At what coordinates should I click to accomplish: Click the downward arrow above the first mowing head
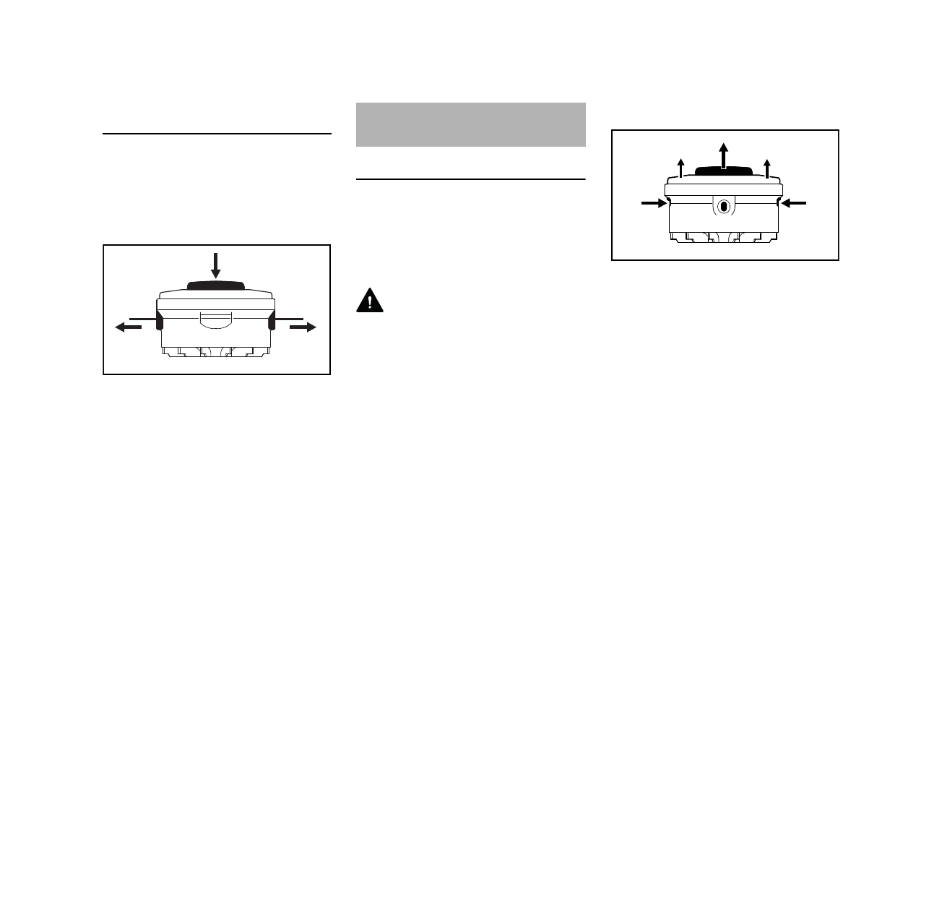(x=215, y=265)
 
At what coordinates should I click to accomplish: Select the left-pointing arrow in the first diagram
(x=128, y=327)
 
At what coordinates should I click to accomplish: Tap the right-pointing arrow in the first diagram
(x=303, y=327)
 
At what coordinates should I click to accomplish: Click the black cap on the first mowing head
(x=216, y=285)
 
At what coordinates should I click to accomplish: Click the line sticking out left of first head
(x=142, y=317)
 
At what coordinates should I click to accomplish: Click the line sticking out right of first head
(x=288, y=317)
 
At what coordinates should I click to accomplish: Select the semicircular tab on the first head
(x=215, y=320)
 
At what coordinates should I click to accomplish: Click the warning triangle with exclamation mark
(x=369, y=301)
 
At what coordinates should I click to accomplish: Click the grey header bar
(x=470, y=124)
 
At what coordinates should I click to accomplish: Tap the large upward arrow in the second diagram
(x=723, y=155)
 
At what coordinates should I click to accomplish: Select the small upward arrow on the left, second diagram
(x=680, y=168)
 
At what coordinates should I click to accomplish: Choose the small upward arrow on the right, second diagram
(x=767, y=168)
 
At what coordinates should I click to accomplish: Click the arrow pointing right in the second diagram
(x=654, y=205)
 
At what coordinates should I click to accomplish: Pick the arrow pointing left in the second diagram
(x=793, y=205)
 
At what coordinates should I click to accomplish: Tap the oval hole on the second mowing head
(x=724, y=207)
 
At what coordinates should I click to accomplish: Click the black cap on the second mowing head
(x=724, y=171)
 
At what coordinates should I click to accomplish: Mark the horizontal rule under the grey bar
(x=470, y=179)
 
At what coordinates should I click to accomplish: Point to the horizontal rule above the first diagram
(x=217, y=134)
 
